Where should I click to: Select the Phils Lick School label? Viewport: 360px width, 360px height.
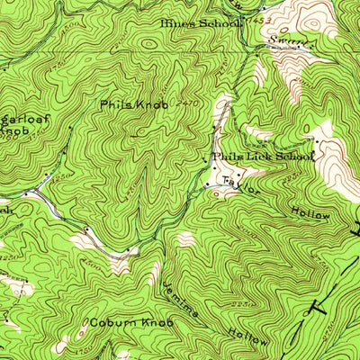click(x=263, y=157)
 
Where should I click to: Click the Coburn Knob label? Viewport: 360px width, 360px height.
click(x=125, y=322)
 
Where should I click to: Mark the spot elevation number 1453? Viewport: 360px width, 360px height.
click(x=261, y=18)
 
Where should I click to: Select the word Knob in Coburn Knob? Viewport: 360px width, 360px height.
click(x=148, y=322)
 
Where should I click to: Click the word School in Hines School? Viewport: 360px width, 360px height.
click(x=224, y=23)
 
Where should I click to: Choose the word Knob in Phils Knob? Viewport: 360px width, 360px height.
click(x=148, y=105)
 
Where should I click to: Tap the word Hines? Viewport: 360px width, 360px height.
click(x=178, y=23)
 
